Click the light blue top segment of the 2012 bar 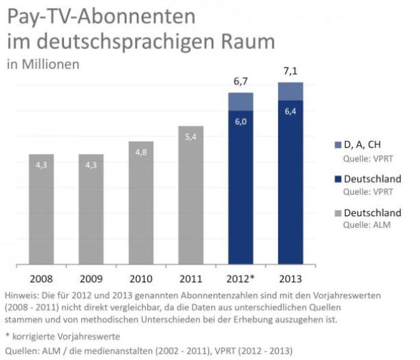click(x=241, y=101)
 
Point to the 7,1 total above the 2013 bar click(x=290, y=71)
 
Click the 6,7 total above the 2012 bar click(x=241, y=81)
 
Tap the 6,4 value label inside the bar click(x=290, y=111)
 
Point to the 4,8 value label click(x=141, y=153)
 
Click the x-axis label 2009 click(x=91, y=279)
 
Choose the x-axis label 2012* click(x=241, y=279)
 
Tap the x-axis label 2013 click(x=290, y=279)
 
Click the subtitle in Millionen click(x=43, y=65)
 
